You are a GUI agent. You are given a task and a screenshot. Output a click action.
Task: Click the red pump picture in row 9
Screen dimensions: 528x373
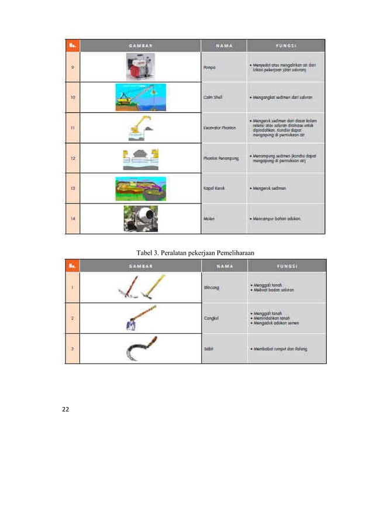pyautogui.click(x=140, y=67)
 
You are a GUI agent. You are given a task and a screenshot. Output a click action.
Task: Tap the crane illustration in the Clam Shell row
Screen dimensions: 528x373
pyautogui.click(x=140, y=97)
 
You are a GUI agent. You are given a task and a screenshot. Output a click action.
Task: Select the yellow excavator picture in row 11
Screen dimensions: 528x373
pyautogui.click(x=140, y=127)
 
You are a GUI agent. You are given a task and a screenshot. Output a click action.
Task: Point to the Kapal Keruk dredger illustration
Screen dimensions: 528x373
pyautogui.click(x=140, y=188)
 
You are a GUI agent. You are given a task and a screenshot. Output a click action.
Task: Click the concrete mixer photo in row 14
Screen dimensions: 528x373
pyautogui.click(x=140, y=218)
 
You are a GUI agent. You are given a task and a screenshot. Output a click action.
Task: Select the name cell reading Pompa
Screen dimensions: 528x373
pyautogui.click(x=209, y=67)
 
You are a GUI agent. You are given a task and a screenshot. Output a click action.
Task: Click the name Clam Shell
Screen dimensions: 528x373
pyautogui.click(x=213, y=98)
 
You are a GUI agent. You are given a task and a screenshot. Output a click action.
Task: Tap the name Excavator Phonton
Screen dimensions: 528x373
pyautogui.click(x=219, y=127)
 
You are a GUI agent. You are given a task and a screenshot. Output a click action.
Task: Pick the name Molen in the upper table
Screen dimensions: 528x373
pyautogui.click(x=209, y=219)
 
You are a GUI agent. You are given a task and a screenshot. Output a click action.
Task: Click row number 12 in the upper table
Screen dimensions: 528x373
pyautogui.click(x=72, y=158)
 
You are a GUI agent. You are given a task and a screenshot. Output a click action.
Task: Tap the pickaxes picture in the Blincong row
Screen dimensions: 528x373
pyautogui.click(x=140, y=287)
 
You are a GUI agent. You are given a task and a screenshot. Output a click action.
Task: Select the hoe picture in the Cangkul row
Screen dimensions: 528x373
pyautogui.click(x=140, y=318)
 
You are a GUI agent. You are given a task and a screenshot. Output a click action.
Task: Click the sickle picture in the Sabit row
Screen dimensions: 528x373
pyautogui.click(x=140, y=349)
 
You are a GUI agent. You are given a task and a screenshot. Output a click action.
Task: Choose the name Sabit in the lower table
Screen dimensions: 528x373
pyautogui.click(x=208, y=349)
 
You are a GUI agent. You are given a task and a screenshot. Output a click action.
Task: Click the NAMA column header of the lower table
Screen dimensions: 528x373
pyautogui.click(x=223, y=266)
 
